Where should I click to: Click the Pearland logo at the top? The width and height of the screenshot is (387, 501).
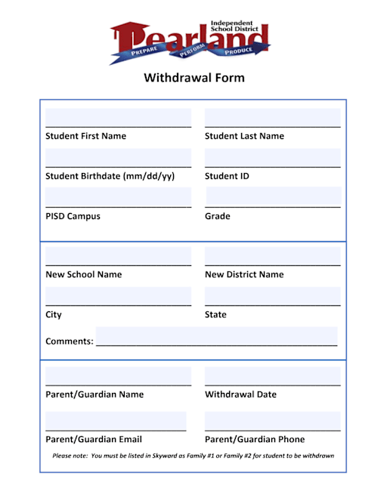tap(190, 41)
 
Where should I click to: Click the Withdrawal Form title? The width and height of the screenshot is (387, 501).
tap(193, 78)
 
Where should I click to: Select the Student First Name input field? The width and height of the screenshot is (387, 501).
tap(118, 119)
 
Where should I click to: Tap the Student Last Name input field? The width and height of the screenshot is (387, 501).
tap(272, 119)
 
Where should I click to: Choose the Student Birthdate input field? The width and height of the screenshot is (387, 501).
tap(118, 158)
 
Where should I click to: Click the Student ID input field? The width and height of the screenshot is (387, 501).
tap(272, 158)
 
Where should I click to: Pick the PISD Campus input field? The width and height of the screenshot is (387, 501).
tap(118, 197)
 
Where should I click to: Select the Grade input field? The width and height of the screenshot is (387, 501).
tap(272, 197)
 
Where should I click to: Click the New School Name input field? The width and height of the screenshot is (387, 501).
tap(118, 256)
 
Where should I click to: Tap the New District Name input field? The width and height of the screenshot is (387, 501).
tap(272, 256)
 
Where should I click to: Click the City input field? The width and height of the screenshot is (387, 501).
tap(118, 296)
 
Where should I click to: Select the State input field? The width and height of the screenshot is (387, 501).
tap(272, 296)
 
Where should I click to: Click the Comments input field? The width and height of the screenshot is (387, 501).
tap(216, 336)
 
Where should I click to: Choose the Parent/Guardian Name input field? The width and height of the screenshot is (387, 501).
tap(118, 376)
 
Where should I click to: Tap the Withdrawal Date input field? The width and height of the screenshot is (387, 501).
tap(272, 376)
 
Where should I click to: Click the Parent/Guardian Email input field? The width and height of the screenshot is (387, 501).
tap(116, 421)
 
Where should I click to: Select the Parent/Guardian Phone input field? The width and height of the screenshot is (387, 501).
tap(272, 421)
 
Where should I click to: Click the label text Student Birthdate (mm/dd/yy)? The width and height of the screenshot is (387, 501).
tap(110, 176)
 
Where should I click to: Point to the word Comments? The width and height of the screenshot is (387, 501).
tap(69, 341)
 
